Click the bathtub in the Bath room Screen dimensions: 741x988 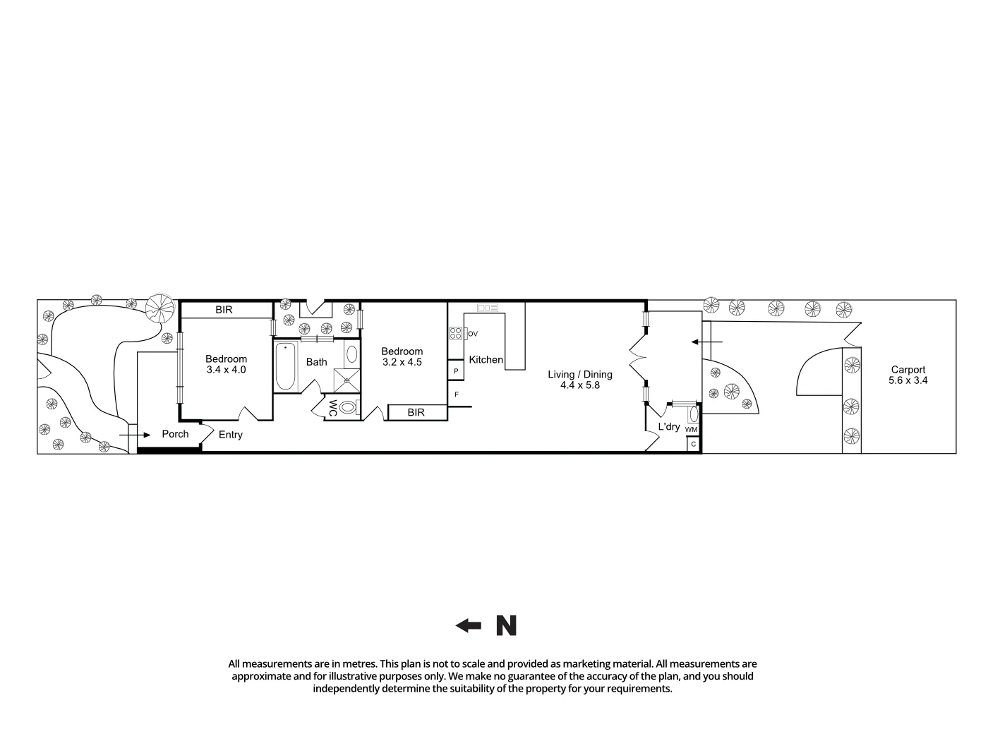point(285,366)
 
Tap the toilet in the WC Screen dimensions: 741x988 point(347,407)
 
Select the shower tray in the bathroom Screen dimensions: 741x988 point(347,378)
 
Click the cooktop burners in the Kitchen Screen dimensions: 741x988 point(455,333)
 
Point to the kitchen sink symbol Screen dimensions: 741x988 point(488,308)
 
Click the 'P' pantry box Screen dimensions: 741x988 point(456,370)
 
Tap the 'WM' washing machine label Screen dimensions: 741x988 point(691,429)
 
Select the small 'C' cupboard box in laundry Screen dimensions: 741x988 point(694,445)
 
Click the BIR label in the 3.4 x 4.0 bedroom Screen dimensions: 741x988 point(224,310)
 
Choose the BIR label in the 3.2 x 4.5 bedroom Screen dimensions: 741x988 point(416,412)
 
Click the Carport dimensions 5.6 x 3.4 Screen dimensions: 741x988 point(908,380)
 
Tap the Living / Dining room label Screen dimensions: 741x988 point(580,375)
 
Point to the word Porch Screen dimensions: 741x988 point(175,434)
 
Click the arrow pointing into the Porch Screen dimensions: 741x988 point(135,435)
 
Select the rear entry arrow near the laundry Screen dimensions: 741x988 point(706,342)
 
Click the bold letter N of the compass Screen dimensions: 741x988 point(506,625)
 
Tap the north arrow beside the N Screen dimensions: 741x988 point(468,625)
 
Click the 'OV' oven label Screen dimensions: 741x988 point(473,334)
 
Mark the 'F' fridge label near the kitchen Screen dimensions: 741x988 point(457,394)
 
